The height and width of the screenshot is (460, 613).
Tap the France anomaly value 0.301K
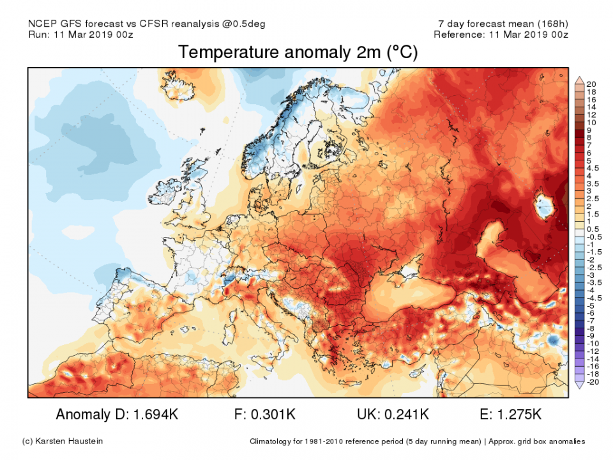[274, 415]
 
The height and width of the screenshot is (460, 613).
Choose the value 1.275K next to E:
[520, 415]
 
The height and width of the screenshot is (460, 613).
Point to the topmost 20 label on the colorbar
[591, 84]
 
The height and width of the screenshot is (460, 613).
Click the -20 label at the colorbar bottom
[592, 382]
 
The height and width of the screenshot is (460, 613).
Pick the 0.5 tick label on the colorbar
[593, 229]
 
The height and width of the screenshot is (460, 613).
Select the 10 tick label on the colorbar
[591, 122]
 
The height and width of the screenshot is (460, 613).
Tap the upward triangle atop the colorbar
[580, 80]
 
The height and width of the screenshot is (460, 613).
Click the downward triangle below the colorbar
[580, 385]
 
